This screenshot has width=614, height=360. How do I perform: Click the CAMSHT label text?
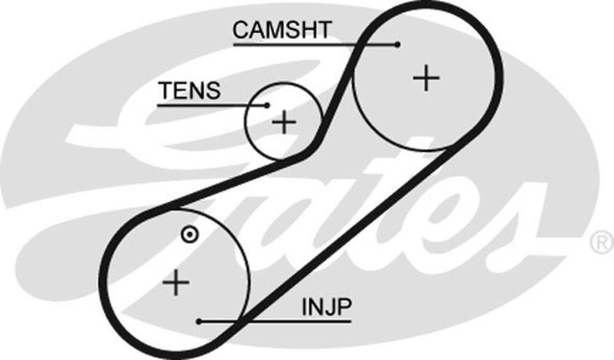point(282,29)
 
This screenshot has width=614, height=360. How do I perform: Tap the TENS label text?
point(189,91)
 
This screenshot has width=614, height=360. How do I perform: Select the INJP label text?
point(326,307)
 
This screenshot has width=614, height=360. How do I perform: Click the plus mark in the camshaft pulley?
point(426,79)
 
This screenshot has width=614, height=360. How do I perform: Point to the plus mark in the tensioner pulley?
point(284,122)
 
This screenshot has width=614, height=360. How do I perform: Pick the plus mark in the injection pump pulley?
point(176,283)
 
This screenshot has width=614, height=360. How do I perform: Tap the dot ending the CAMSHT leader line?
point(398,44)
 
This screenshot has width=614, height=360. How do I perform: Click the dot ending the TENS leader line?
point(267,105)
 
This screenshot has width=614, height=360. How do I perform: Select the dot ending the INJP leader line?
point(200,321)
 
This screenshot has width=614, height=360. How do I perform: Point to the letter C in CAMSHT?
point(241,29)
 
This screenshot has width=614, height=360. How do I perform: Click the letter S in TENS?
point(212,91)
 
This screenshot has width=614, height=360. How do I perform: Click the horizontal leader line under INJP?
point(276,321)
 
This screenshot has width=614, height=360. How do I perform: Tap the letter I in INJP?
point(304,307)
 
